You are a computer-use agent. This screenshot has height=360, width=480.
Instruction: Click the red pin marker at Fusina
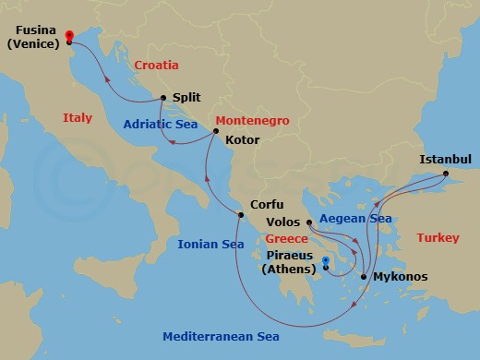[70, 35]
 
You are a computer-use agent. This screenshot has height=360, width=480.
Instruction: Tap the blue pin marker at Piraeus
[326, 263]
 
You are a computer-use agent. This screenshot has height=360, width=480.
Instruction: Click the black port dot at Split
[162, 98]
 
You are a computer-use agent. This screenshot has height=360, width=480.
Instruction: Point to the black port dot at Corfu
[240, 216]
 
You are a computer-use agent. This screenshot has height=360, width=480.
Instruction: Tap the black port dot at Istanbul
[445, 174]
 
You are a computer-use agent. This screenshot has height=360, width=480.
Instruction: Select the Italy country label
[78, 118]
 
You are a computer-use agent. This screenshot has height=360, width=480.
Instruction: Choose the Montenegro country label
[252, 121]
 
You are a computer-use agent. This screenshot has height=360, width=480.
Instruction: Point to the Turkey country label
[438, 238]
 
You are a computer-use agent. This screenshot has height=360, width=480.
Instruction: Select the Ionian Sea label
[210, 245]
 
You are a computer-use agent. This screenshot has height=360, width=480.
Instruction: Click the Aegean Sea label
[355, 219]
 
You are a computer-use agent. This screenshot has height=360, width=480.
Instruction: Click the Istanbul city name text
[445, 159]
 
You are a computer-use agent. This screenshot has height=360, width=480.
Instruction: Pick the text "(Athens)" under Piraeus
[286, 270]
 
